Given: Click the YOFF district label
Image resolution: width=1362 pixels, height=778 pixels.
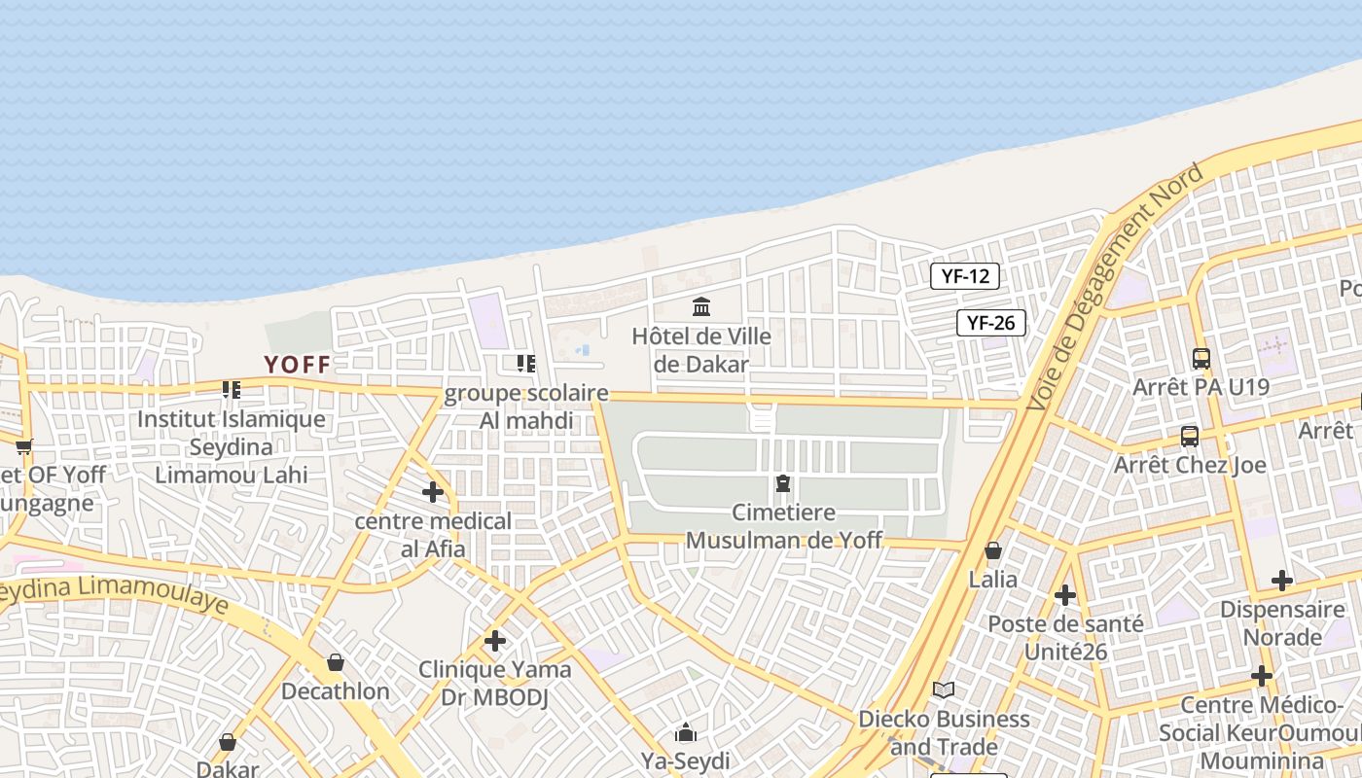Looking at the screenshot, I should click(x=297, y=365).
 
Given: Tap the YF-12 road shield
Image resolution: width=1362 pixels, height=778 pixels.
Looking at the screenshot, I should click(x=965, y=276).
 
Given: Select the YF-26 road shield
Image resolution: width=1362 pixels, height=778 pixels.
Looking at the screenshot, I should click(x=991, y=323).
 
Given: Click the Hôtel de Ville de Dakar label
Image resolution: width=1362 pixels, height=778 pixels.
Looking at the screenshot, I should click(x=701, y=350).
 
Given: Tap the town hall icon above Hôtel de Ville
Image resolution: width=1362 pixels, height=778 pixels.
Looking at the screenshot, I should click(x=701, y=307).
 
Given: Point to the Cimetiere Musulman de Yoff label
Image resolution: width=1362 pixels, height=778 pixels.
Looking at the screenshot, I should click(x=784, y=526).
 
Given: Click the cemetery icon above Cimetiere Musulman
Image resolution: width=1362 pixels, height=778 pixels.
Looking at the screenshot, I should click(x=783, y=483).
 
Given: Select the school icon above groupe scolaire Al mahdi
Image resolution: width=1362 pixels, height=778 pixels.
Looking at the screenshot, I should click(x=526, y=364).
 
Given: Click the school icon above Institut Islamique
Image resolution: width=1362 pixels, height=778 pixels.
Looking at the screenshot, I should click(x=232, y=390).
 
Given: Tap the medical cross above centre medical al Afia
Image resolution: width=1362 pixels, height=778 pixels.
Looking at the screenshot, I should click(x=433, y=492).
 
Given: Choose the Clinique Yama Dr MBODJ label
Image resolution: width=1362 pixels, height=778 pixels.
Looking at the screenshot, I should click(x=495, y=683).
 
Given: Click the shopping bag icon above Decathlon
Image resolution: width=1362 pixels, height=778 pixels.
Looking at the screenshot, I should click(x=336, y=663).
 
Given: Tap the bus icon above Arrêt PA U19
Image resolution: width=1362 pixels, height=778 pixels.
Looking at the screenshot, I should click(x=1201, y=359).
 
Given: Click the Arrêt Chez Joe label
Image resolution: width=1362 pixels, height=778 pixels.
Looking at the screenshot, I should click(x=1190, y=465).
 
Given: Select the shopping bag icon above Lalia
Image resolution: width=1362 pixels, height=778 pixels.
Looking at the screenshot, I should click(x=993, y=551).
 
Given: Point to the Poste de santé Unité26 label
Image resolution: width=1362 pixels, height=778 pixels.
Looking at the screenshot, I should click(x=1065, y=637).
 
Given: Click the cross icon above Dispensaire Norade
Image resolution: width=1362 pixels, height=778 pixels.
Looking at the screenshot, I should click(x=1282, y=582).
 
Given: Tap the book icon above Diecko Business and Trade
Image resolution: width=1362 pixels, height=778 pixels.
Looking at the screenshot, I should click(x=943, y=690).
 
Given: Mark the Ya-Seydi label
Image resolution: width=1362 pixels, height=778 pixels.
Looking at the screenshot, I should click(x=685, y=760).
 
